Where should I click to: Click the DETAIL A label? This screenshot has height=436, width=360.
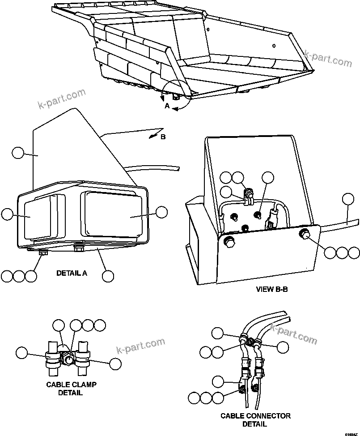[x=72, y=273]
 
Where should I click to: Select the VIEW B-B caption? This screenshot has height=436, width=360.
[x=271, y=289]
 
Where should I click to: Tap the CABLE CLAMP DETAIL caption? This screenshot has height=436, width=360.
[x=71, y=389]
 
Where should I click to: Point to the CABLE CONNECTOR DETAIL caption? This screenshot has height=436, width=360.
[x=255, y=420]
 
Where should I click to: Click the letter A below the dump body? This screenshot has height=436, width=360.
[x=167, y=106]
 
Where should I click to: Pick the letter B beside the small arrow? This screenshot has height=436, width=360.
[x=163, y=137]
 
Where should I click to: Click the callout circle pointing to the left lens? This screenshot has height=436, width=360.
[x=8, y=214]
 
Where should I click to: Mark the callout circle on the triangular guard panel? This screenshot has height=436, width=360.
[x=18, y=154]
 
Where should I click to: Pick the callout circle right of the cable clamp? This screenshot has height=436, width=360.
[x=115, y=364]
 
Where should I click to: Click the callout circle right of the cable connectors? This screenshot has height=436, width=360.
[x=283, y=347]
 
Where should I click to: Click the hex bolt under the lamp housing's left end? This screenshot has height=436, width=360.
[x=43, y=254]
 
